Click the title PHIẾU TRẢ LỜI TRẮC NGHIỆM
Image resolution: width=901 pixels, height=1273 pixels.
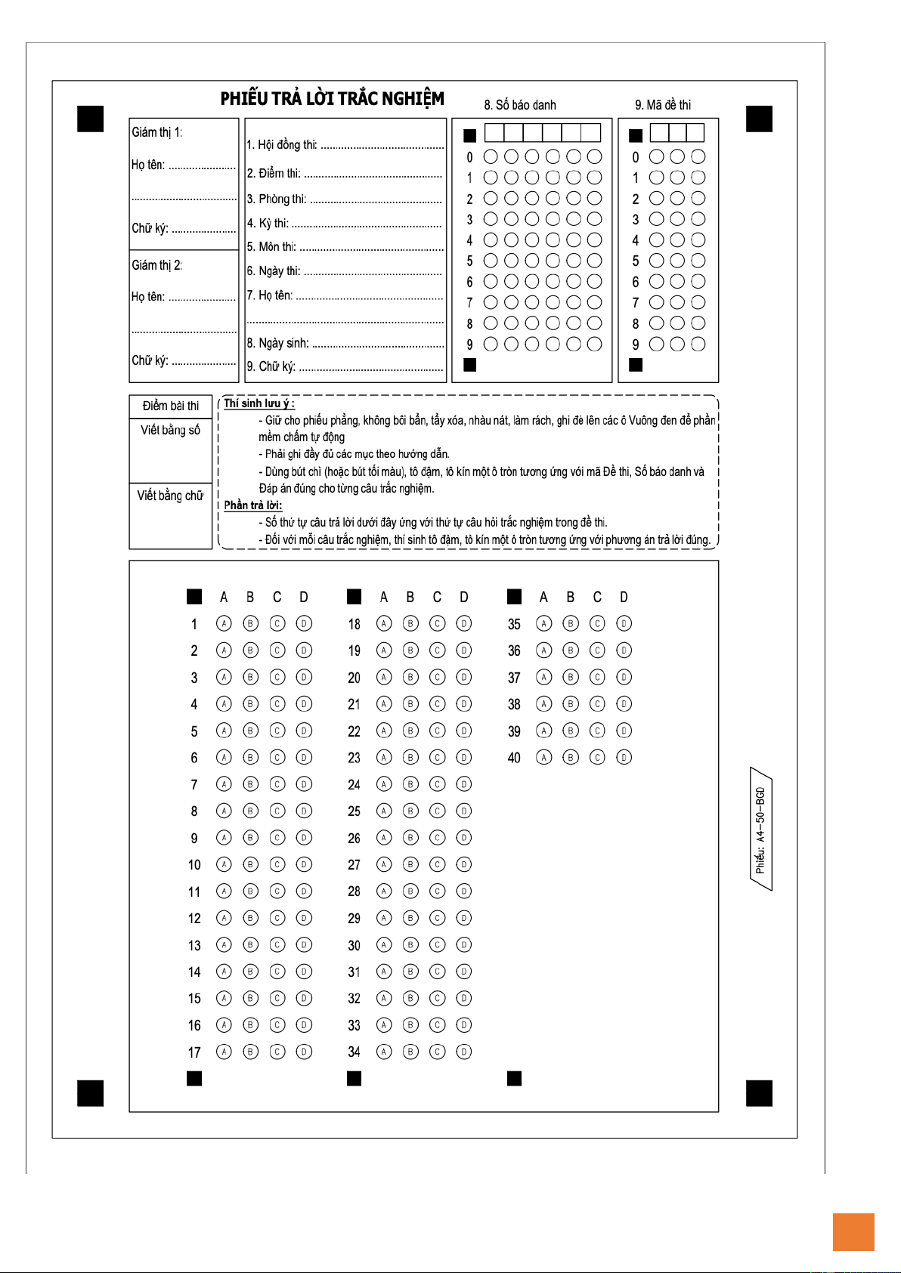coord(332,99)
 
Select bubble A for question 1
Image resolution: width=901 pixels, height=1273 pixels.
coord(224,623)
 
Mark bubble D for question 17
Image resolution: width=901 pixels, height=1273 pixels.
coord(304,1051)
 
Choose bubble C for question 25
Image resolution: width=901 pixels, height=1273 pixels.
coord(437,811)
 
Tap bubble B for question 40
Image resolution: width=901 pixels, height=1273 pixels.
coord(571,757)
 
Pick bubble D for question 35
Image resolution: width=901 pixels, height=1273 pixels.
coord(624,623)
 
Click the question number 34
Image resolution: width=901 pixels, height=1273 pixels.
coord(354,1052)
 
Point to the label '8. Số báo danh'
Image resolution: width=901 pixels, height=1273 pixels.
coord(520,105)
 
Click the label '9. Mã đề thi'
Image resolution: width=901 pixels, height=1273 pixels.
coord(662,105)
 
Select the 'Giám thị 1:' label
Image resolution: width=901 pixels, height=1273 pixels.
coord(156,132)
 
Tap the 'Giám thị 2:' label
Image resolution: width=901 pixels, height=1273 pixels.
coord(156,265)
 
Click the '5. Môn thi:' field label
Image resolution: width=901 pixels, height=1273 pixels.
coord(271,247)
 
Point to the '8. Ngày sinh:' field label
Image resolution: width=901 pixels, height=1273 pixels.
coord(278,343)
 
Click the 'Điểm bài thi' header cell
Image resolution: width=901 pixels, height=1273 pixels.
coord(171,406)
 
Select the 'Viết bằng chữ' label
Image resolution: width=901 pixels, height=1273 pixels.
coord(170,496)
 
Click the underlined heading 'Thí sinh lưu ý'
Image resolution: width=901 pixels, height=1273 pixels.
coord(259,403)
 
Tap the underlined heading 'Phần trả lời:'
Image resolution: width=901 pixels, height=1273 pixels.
coord(252,505)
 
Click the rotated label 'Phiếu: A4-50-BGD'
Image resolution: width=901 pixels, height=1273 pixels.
coord(760,830)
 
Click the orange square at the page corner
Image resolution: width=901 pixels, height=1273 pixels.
coord(853,1232)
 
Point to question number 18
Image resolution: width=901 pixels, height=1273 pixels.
coord(354,624)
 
